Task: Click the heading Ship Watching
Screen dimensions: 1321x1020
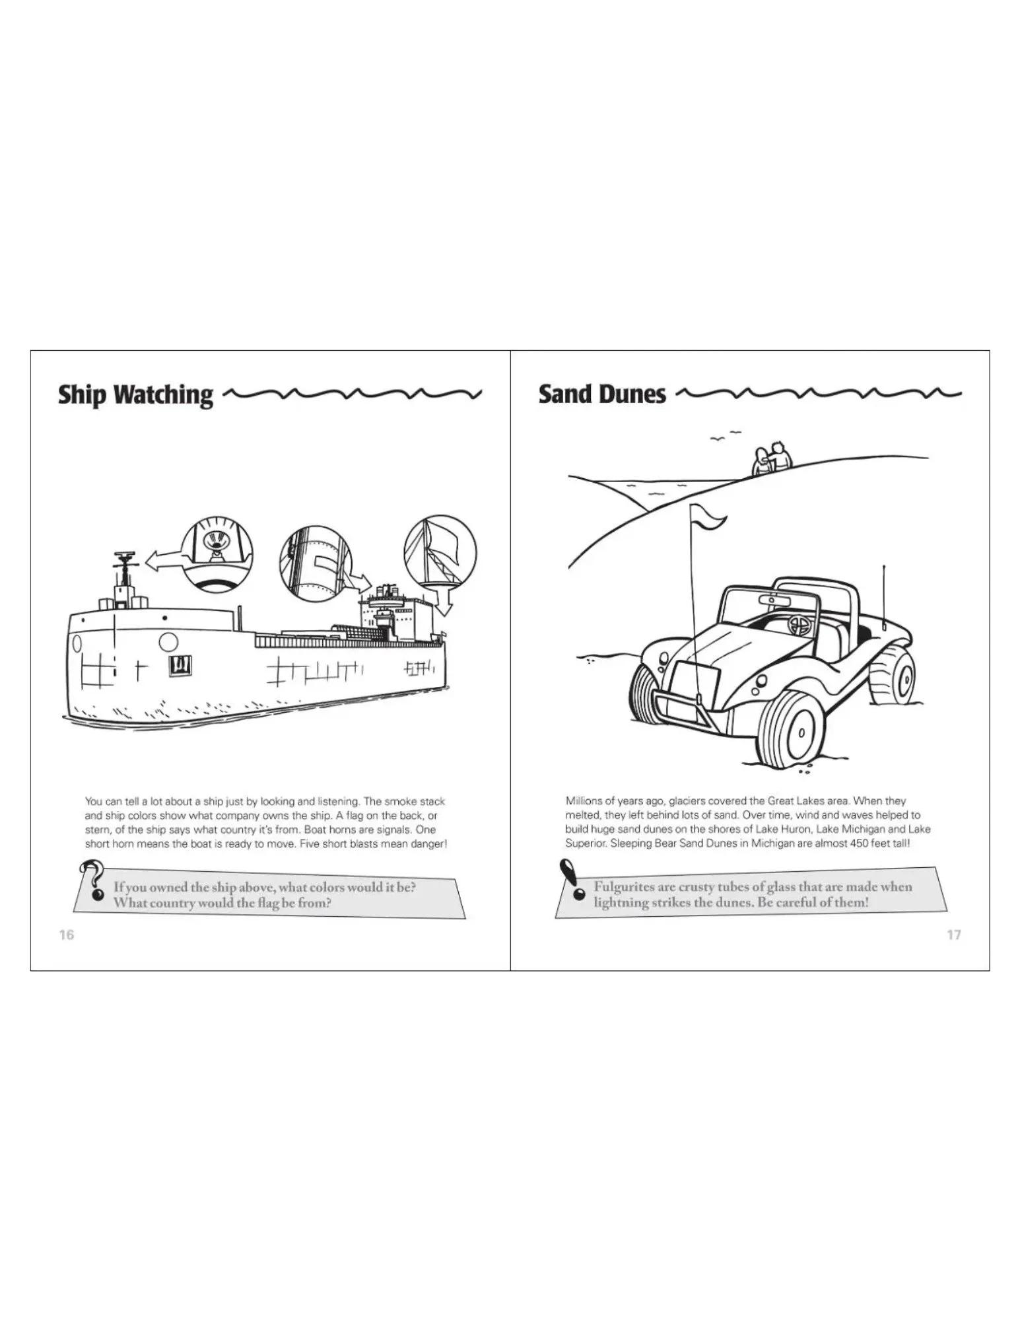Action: (x=135, y=394)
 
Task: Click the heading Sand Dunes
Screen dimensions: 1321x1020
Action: (x=601, y=394)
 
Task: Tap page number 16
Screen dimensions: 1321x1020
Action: (x=66, y=935)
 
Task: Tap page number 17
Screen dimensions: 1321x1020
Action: (x=953, y=935)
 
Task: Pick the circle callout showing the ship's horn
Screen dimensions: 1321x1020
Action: (x=217, y=553)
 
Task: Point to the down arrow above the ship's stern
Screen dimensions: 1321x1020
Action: (x=445, y=600)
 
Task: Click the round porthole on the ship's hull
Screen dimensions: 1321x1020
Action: (x=168, y=641)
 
